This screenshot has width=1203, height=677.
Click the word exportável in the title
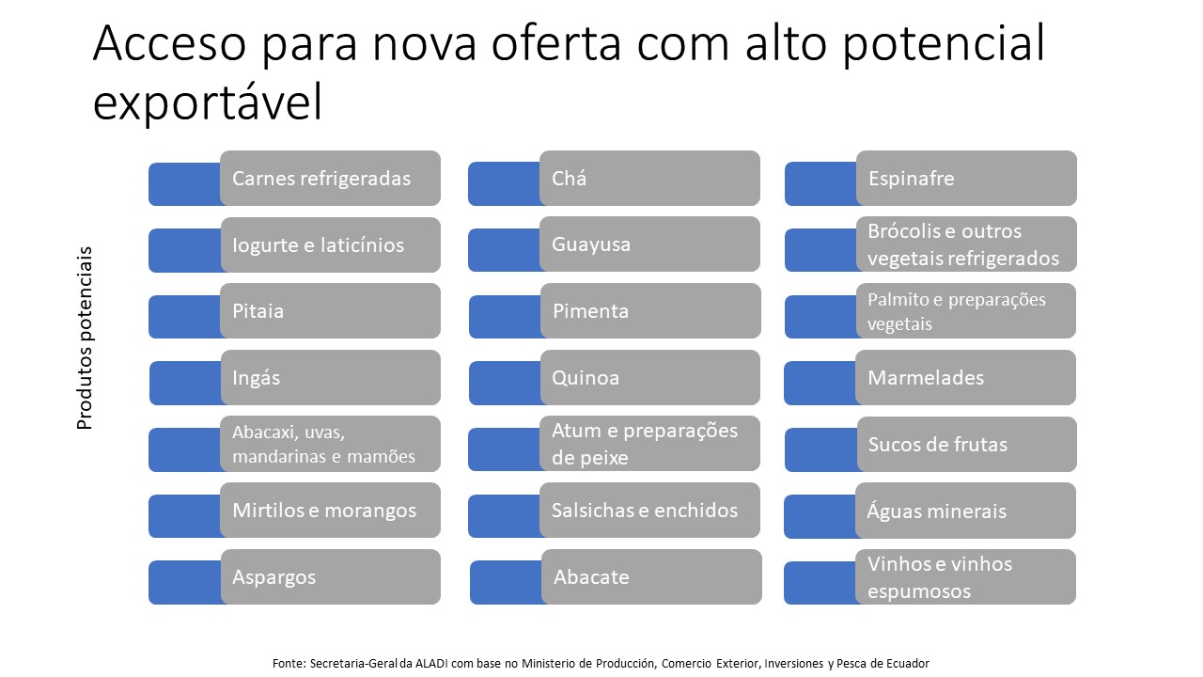208,102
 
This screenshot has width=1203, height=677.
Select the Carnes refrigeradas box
330,178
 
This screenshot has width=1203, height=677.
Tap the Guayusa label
591,244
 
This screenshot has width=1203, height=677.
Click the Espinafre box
966,178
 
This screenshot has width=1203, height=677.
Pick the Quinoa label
586,378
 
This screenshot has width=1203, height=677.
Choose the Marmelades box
965,377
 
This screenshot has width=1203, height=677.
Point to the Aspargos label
273,577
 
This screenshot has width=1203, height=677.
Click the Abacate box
651,576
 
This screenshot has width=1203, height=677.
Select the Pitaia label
258,311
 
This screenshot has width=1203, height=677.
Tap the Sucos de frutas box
967,445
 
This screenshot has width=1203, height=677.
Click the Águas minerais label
937,511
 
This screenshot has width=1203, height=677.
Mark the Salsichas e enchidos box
649,510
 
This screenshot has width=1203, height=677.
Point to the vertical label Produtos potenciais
85,338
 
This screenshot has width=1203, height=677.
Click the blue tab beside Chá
505,183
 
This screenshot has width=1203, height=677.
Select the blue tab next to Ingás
186,383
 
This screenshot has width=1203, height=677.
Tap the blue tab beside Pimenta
506,317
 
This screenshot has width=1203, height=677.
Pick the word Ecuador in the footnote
908,663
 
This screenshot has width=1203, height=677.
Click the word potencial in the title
944,44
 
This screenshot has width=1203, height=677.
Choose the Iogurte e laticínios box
330,244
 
